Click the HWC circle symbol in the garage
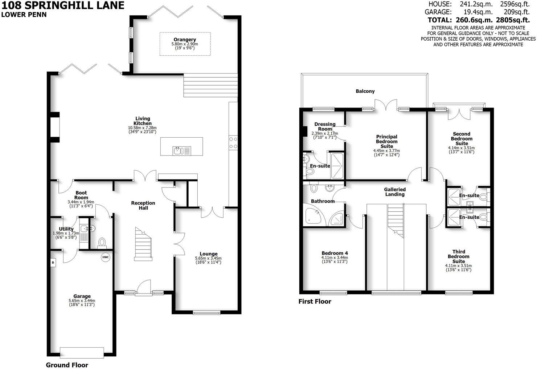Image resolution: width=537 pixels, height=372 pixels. (x=105, y=257)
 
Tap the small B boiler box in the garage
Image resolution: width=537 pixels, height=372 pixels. (x=53, y=262)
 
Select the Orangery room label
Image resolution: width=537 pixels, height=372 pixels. (x=185, y=40)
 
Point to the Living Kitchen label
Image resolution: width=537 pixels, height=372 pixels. (x=143, y=121)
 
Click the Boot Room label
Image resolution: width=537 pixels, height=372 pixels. (x=81, y=195)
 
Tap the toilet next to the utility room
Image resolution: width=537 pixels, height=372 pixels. (x=102, y=242)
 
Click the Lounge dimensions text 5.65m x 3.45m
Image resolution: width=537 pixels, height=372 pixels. (x=208, y=258)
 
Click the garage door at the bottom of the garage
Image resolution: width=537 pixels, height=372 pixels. (x=82, y=352)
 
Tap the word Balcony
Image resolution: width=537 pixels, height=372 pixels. (x=365, y=91)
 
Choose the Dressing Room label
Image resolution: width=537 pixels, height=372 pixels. (x=325, y=126)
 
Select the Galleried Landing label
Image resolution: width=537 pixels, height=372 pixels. (x=395, y=192)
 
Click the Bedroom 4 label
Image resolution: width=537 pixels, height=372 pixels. (x=335, y=253)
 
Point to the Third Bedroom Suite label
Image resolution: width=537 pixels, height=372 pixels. (x=459, y=256)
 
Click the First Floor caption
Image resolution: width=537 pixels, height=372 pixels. (x=315, y=302)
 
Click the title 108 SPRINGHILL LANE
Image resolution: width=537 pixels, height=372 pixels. (x=63, y=5)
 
